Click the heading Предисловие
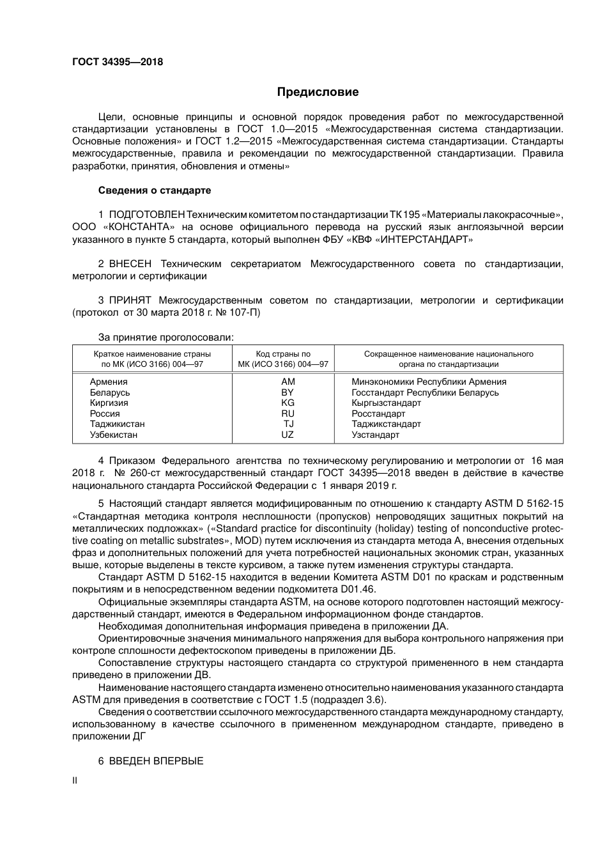point(318,92)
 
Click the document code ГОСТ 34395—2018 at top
point(118,62)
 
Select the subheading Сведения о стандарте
point(154,190)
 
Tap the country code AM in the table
point(288,382)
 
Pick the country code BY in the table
point(288,392)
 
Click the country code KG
point(288,403)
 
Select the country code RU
point(288,414)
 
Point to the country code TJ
point(289,424)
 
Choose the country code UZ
point(288,435)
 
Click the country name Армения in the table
point(109,382)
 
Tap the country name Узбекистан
point(114,435)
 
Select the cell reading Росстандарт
point(378,414)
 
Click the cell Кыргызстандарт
point(386,403)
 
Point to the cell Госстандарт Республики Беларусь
point(425,392)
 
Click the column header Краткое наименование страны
point(152,353)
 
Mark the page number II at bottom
point(75,780)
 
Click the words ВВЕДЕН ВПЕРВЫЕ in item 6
point(157,761)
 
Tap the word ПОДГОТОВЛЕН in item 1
point(147,214)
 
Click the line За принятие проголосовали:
point(165,337)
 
